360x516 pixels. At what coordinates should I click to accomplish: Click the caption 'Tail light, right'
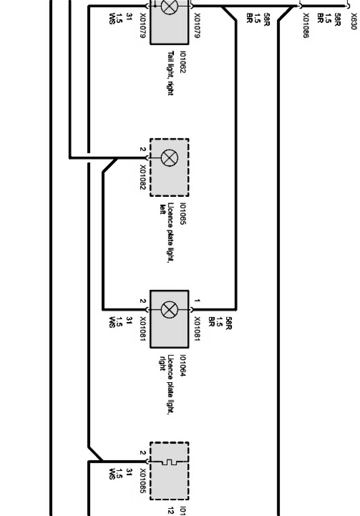point(170,73)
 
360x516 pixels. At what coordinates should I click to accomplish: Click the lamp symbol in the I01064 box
point(169,309)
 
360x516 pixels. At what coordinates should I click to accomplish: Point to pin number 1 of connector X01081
point(197,301)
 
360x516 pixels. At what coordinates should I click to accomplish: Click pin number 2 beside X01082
point(142,149)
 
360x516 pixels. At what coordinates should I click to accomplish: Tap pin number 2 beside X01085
point(142,453)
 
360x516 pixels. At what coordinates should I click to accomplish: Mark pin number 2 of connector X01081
point(142,301)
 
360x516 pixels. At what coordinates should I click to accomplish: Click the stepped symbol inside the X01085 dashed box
point(168,462)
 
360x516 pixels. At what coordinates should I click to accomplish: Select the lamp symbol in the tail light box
point(169,6)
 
